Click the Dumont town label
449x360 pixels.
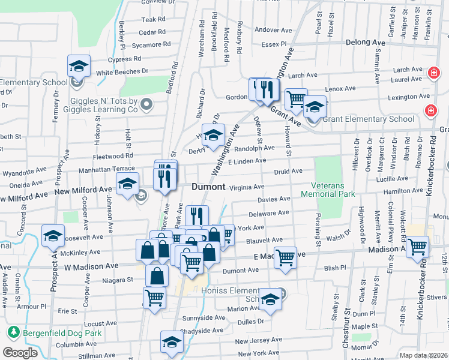pyautogui.click(x=209, y=187)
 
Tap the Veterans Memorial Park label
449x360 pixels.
pyautogui.click(x=334, y=190)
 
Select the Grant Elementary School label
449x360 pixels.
pyautogui.click(x=369, y=119)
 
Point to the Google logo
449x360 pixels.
pyautogui.click(x=20, y=353)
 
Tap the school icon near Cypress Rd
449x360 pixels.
pyautogui.click(x=78, y=65)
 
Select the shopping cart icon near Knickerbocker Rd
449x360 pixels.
pyautogui.click(x=418, y=246)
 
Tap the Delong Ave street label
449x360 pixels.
pyautogui.click(x=365, y=43)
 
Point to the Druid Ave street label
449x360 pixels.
pyautogui.click(x=288, y=171)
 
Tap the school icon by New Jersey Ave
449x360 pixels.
pyautogui.click(x=172, y=343)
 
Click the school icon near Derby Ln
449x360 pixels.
pyautogui.click(x=213, y=136)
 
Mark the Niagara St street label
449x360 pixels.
pyautogui.click(x=117, y=280)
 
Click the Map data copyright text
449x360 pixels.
pyautogui.click(x=424, y=355)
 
